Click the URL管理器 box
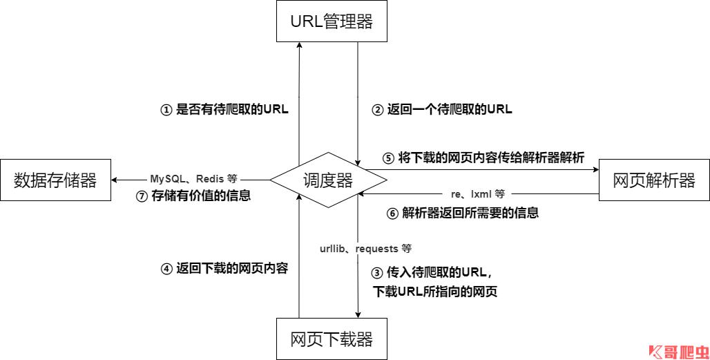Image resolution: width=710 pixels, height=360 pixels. pyautogui.click(x=331, y=21)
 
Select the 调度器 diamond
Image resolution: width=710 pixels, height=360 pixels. pyautogui.click(x=328, y=180)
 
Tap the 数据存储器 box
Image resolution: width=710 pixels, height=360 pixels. pyautogui.click(x=55, y=180)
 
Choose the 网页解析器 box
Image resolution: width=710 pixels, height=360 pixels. pyautogui.click(x=653, y=180)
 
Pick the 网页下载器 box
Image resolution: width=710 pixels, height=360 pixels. pyautogui.click(x=331, y=339)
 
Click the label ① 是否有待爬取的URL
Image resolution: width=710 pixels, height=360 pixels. pyautogui.click(x=224, y=109)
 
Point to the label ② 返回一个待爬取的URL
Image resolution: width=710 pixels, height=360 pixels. pyautogui.click(x=442, y=109)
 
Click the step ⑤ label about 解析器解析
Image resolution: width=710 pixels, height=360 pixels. pyautogui.click(x=483, y=158)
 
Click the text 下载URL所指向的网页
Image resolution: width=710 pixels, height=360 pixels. pyautogui.click(x=435, y=291)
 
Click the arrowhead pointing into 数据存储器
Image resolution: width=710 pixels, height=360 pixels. pyautogui.click(x=115, y=180)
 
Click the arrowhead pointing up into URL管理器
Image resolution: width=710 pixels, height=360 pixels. pyautogui.click(x=299, y=46)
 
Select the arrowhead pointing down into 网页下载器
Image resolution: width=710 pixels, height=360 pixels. pyautogui.click(x=358, y=314)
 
